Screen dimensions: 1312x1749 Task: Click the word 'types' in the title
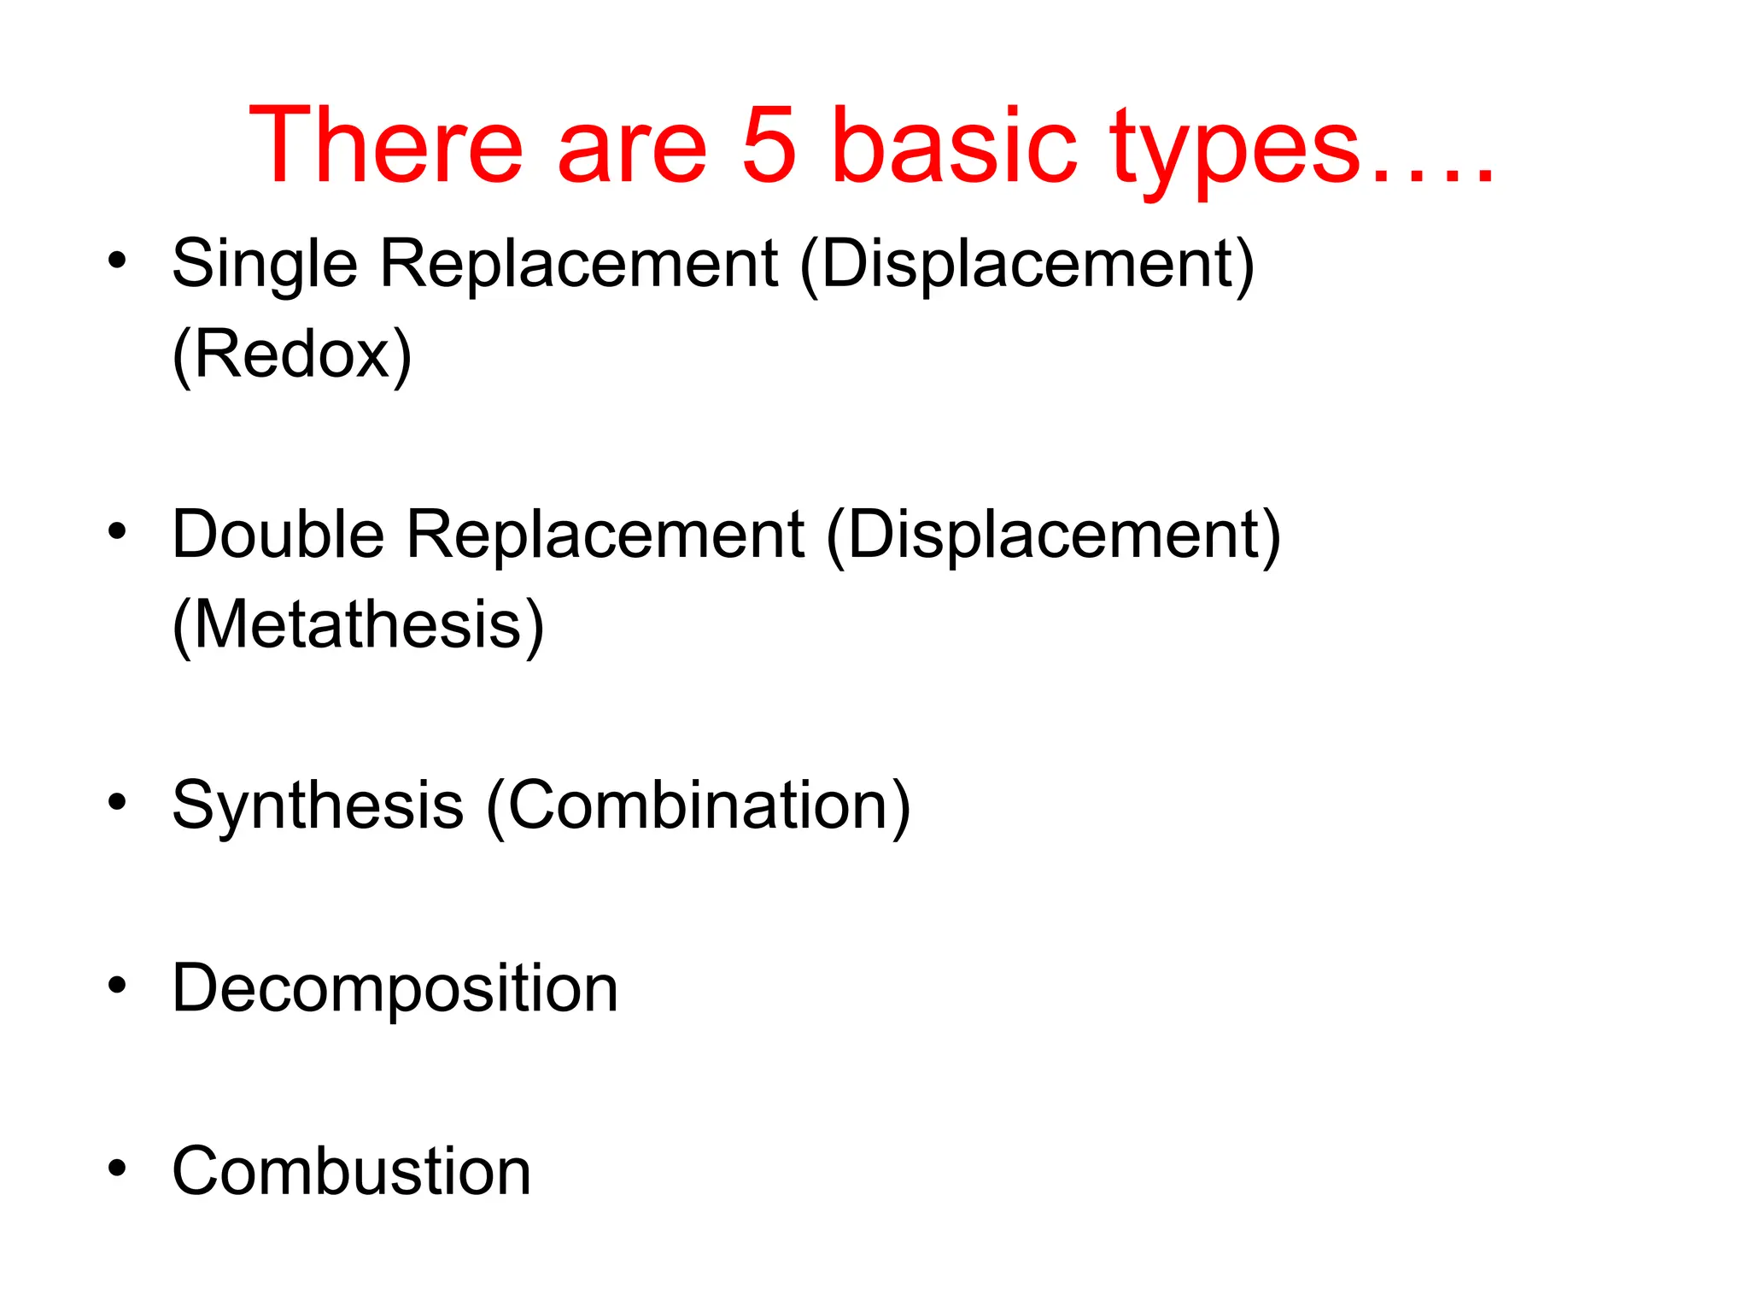[1235, 149]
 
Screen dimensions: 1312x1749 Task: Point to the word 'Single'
[265, 265]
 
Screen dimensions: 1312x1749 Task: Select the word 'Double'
[278, 535]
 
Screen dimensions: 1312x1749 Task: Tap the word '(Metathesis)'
[358, 625]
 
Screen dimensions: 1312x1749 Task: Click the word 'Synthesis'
[318, 805]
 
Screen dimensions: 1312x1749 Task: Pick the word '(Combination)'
[699, 805]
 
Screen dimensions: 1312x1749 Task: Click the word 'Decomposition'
[395, 989]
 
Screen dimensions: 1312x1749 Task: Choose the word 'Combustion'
[351, 1171]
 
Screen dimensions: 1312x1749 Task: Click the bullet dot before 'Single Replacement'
[117, 260]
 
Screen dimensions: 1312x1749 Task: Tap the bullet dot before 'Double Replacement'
[117, 531]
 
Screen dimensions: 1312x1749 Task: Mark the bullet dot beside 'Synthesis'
[117, 802]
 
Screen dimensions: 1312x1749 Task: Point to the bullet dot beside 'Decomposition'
[117, 985]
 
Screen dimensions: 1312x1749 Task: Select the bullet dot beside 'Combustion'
[117, 1167]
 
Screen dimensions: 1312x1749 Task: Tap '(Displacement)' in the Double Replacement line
[1054, 536]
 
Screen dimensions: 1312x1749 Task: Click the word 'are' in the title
[632, 145]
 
